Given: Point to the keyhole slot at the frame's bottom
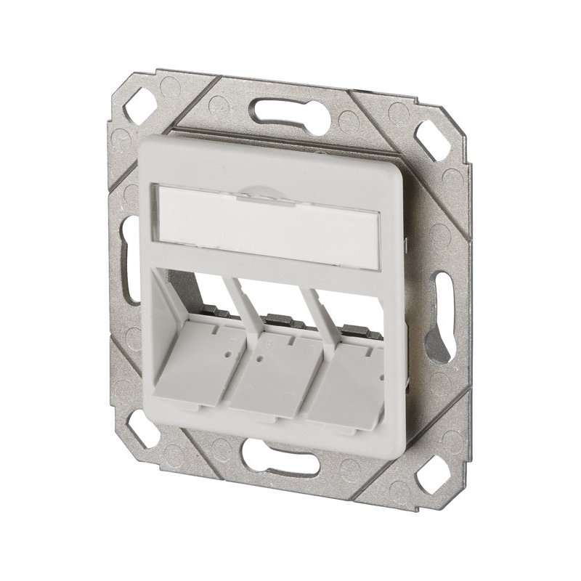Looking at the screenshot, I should click(x=280, y=458).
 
